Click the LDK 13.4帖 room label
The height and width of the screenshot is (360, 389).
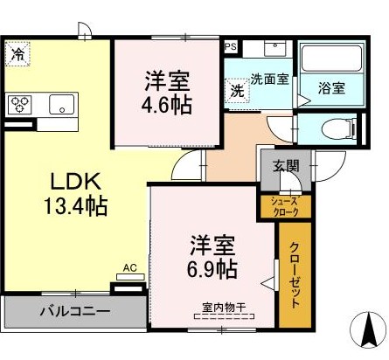point(77,194)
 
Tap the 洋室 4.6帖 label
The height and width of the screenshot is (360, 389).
point(168,92)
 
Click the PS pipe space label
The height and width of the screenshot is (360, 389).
point(231,47)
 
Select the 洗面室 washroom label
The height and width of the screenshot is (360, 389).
point(270,79)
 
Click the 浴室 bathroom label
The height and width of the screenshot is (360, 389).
point(331,88)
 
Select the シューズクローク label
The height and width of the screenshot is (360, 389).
point(278,206)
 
